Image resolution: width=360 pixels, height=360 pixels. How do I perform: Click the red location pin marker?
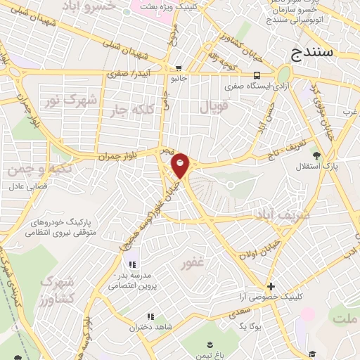[x=181, y=165]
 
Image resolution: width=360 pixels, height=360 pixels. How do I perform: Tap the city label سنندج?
[x=317, y=53]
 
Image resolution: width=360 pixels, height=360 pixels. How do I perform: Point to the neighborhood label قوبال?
[x=214, y=107]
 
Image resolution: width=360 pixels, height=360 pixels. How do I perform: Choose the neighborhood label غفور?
[x=193, y=264]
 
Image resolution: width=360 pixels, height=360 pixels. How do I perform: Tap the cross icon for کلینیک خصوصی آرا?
[x=271, y=286]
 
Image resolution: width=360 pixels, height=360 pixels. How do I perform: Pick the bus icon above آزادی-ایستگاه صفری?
[x=257, y=76]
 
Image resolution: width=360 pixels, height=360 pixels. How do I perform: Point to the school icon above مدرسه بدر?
[x=131, y=264]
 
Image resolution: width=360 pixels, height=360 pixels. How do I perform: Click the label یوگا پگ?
[x=250, y=328]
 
